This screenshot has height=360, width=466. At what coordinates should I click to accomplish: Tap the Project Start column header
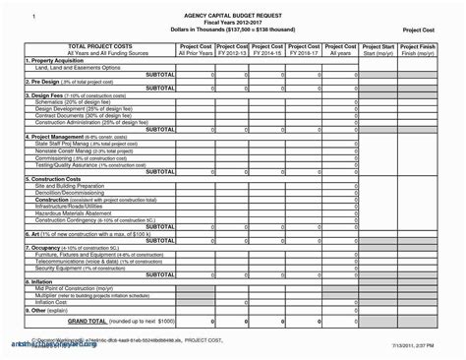pyautogui.click(x=379, y=46)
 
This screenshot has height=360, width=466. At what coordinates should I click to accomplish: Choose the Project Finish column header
pyautogui.click(x=420, y=46)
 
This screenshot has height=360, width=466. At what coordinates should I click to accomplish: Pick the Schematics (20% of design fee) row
pyautogui.click(x=74, y=101)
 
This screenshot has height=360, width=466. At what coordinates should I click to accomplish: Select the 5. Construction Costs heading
pyautogui.click(x=56, y=177)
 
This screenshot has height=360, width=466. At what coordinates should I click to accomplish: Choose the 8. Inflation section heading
pyautogui.click(x=41, y=280)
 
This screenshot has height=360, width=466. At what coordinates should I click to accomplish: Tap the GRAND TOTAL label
pyautogui.click(x=64, y=321)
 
